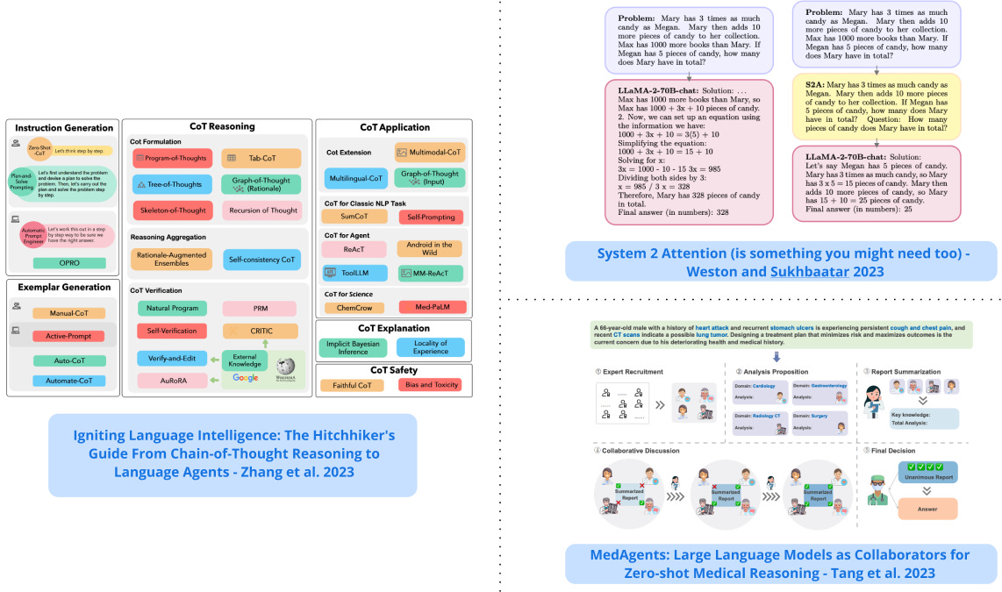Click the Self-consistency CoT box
click(x=261, y=260)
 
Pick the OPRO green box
click(x=69, y=262)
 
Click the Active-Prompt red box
click(x=68, y=336)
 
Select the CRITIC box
click(x=261, y=331)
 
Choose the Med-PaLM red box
click(x=432, y=307)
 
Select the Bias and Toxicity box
click(x=430, y=384)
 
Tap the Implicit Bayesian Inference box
click(x=354, y=347)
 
